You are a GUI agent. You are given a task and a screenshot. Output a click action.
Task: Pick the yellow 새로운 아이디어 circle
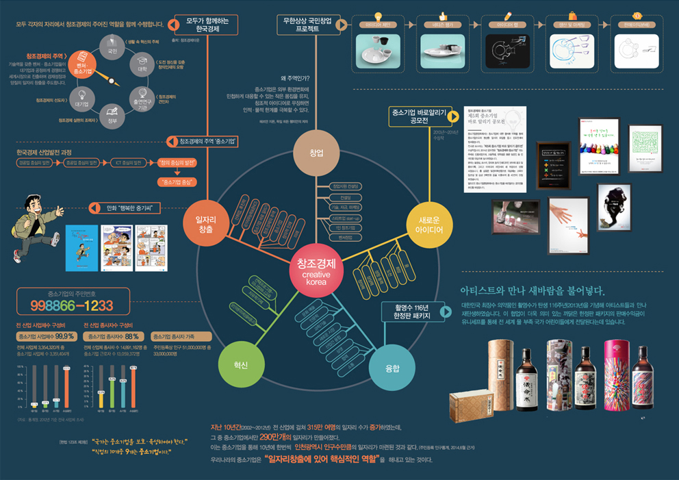(x=428, y=223)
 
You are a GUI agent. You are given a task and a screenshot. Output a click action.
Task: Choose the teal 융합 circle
(x=392, y=368)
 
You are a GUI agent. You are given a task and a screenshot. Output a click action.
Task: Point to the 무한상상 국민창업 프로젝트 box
(x=307, y=25)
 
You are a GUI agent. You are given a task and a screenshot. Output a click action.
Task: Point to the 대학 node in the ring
(x=142, y=65)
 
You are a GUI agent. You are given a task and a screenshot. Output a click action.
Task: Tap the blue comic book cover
(x=81, y=247)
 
